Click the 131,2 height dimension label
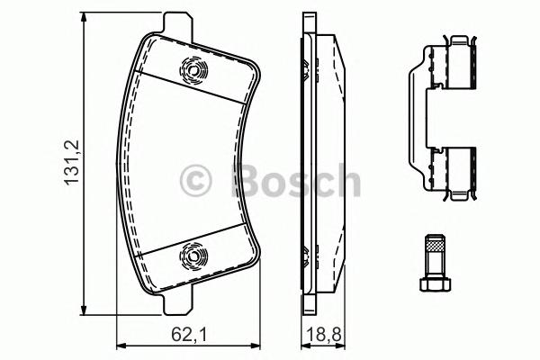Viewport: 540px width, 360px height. (72, 163)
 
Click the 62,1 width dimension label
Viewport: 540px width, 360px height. (189, 334)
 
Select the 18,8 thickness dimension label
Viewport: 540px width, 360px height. (324, 334)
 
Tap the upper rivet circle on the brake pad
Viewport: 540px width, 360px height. (193, 71)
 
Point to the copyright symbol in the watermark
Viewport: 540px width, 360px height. (195, 181)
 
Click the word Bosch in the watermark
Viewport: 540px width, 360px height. (295, 180)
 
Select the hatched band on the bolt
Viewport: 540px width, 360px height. (435, 247)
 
